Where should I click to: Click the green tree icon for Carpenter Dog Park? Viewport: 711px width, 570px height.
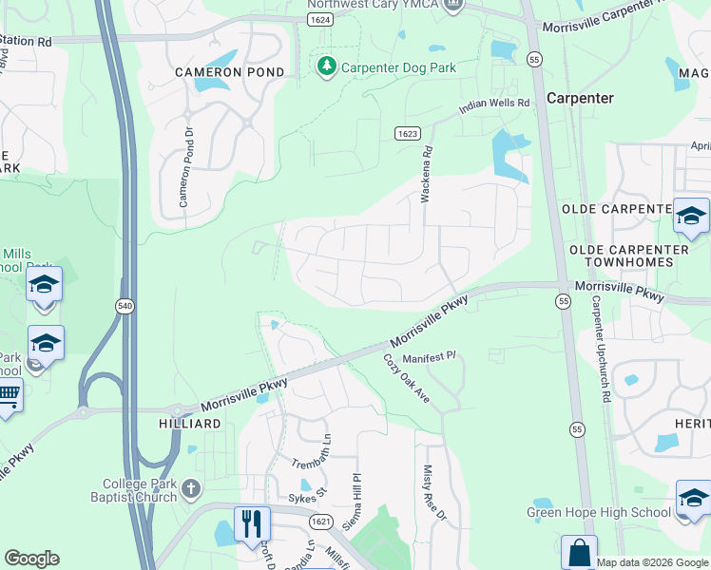point(327,66)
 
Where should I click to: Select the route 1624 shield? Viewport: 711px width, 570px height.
point(319,19)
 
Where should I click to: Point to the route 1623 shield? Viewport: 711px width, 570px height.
point(408,134)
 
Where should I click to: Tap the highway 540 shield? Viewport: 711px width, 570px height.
point(124,306)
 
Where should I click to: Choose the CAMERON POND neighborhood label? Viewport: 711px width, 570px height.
point(229,72)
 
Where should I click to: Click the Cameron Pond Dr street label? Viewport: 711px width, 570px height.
point(187,168)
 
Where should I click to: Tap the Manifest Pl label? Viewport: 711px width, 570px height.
point(429,357)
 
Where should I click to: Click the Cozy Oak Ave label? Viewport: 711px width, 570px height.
point(407,378)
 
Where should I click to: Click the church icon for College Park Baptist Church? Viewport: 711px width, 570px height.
point(191,489)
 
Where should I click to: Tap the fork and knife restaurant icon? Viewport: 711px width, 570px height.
point(252,522)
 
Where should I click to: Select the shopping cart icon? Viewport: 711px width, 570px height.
point(8,394)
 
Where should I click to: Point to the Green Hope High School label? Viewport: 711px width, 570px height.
point(599,513)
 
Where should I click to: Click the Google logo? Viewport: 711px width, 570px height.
point(31,559)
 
